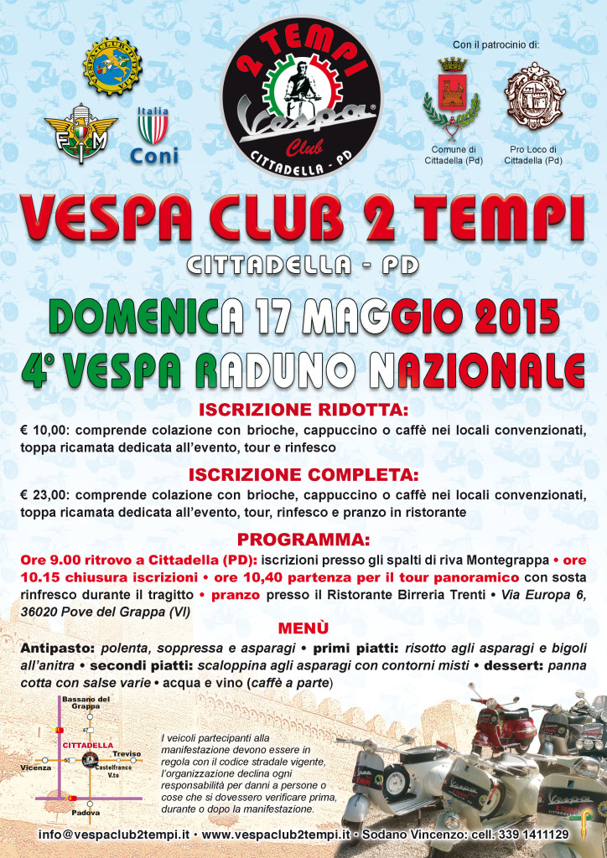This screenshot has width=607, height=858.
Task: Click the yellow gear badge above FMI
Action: [112, 65]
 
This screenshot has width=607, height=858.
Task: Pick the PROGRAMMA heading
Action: [303, 540]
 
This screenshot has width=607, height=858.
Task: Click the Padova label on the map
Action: [86, 812]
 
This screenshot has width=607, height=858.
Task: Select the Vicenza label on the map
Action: [36, 768]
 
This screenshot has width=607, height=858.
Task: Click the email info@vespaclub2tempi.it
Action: [115, 835]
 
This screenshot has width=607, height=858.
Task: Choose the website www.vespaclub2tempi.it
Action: [276, 835]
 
